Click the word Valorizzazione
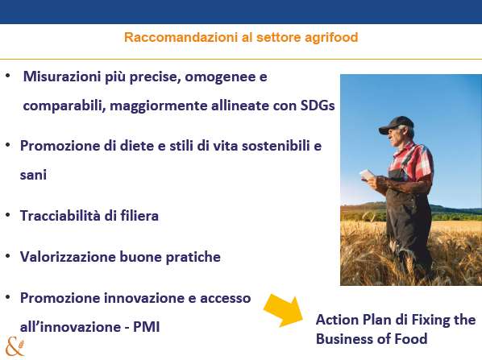click(68, 257)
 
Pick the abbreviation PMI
click(147, 327)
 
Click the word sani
click(33, 175)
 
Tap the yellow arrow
click(284, 310)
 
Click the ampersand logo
click(15, 347)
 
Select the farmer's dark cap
click(396, 124)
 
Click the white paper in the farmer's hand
click(367, 175)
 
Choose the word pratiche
click(193, 257)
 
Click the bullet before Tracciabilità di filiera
click(8, 215)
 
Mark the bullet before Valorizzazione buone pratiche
click(8, 256)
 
